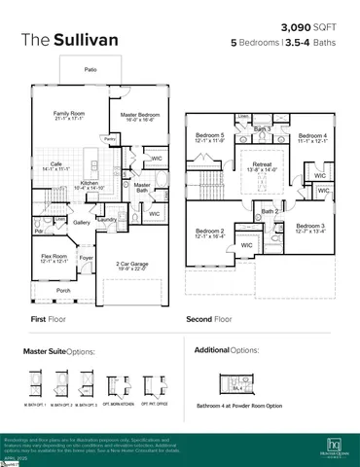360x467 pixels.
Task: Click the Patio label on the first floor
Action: pos(90,70)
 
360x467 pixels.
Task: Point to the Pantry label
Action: pos(111,140)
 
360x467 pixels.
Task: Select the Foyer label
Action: pos(87,258)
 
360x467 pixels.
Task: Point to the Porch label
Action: pos(63,290)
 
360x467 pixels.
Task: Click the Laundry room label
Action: pos(107,219)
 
